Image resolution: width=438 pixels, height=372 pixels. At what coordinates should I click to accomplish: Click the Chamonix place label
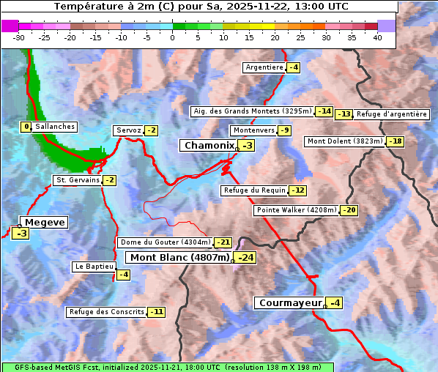click(209, 146)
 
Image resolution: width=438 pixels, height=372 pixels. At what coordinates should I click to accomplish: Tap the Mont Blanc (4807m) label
click(180, 257)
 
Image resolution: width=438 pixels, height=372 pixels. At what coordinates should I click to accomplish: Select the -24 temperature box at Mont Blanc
click(245, 258)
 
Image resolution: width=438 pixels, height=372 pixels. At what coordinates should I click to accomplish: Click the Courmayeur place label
click(290, 302)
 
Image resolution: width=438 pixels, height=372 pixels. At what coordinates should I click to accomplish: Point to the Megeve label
click(45, 222)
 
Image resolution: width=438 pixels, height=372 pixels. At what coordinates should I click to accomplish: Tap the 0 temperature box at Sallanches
click(26, 127)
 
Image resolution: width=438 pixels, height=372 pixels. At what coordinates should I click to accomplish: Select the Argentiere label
click(264, 67)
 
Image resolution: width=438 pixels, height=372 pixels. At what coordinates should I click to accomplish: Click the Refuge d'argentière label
click(392, 114)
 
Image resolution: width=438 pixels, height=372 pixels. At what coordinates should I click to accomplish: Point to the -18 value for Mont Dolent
click(396, 141)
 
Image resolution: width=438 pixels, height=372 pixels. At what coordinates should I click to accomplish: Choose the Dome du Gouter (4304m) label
click(166, 242)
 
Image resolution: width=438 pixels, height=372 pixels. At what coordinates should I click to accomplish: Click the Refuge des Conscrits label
click(107, 312)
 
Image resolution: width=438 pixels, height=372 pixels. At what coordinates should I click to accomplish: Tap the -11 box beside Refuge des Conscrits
click(156, 312)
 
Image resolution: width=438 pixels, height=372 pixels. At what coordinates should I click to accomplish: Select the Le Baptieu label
click(93, 267)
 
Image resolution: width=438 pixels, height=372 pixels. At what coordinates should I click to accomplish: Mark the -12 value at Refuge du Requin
click(297, 190)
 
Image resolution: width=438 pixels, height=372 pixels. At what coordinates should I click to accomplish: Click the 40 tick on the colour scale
click(377, 37)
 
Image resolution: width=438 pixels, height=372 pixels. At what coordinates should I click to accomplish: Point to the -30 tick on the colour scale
click(19, 37)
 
